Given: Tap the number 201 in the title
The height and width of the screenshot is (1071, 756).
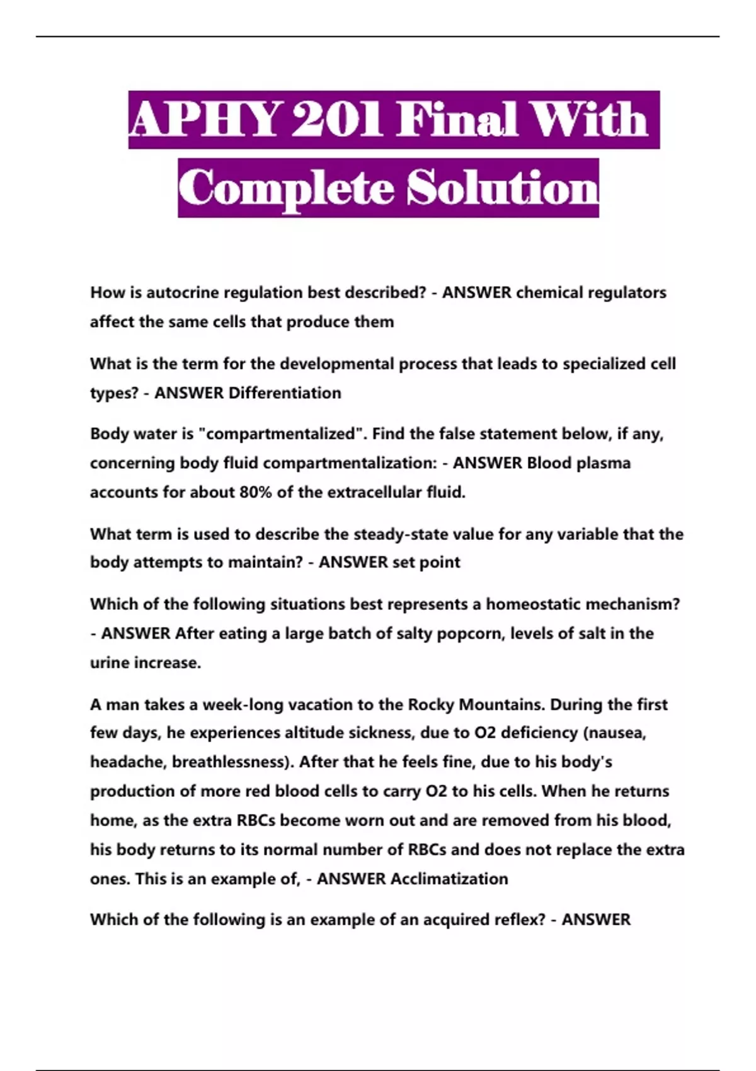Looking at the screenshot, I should [x=337, y=120].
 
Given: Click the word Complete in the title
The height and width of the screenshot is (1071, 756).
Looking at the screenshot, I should [x=287, y=188].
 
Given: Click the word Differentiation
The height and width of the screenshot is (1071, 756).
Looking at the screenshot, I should [x=285, y=393].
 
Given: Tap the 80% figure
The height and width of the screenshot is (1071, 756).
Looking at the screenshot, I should [x=255, y=492].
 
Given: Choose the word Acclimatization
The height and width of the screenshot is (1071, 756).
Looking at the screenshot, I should [x=449, y=879].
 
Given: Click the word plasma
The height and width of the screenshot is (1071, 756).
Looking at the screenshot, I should [x=595, y=463].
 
